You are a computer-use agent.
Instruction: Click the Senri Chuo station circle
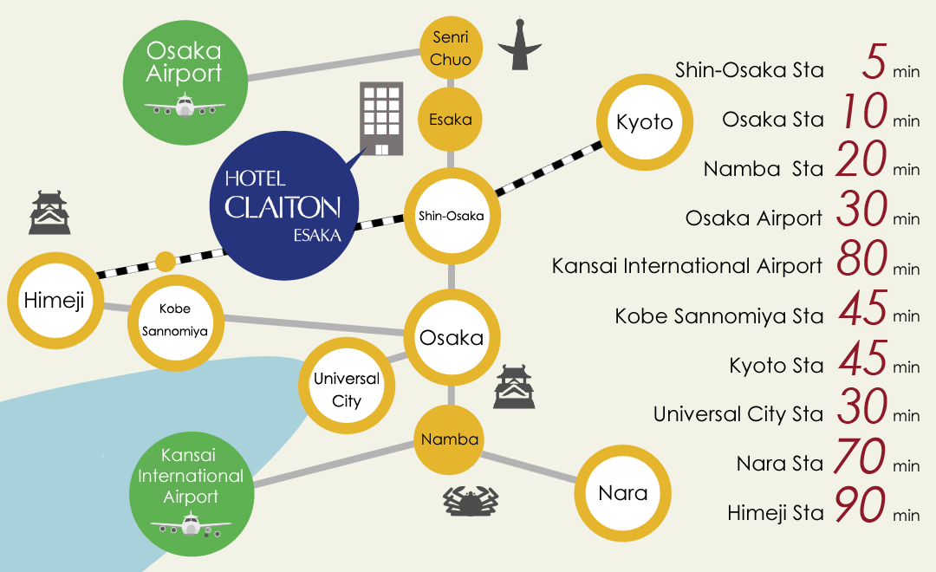(451, 48)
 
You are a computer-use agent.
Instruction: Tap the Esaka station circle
(450, 120)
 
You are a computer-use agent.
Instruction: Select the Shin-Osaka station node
(452, 216)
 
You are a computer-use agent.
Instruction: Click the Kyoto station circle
(645, 122)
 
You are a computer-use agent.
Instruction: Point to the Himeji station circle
(55, 301)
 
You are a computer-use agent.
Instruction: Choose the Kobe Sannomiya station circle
(175, 322)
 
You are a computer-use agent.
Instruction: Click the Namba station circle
(450, 439)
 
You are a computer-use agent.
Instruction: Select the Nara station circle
(622, 494)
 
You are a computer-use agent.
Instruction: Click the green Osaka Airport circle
(185, 82)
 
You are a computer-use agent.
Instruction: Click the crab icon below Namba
(471, 500)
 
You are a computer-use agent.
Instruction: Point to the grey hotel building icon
(381, 119)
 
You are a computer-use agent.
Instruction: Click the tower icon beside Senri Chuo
(519, 44)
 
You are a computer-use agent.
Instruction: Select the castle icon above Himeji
(49, 212)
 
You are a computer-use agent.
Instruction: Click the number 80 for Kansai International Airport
(862, 258)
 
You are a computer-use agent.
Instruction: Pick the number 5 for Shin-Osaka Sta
(874, 61)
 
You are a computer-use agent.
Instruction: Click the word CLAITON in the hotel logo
(283, 207)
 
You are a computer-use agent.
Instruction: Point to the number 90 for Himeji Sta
(861, 505)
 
